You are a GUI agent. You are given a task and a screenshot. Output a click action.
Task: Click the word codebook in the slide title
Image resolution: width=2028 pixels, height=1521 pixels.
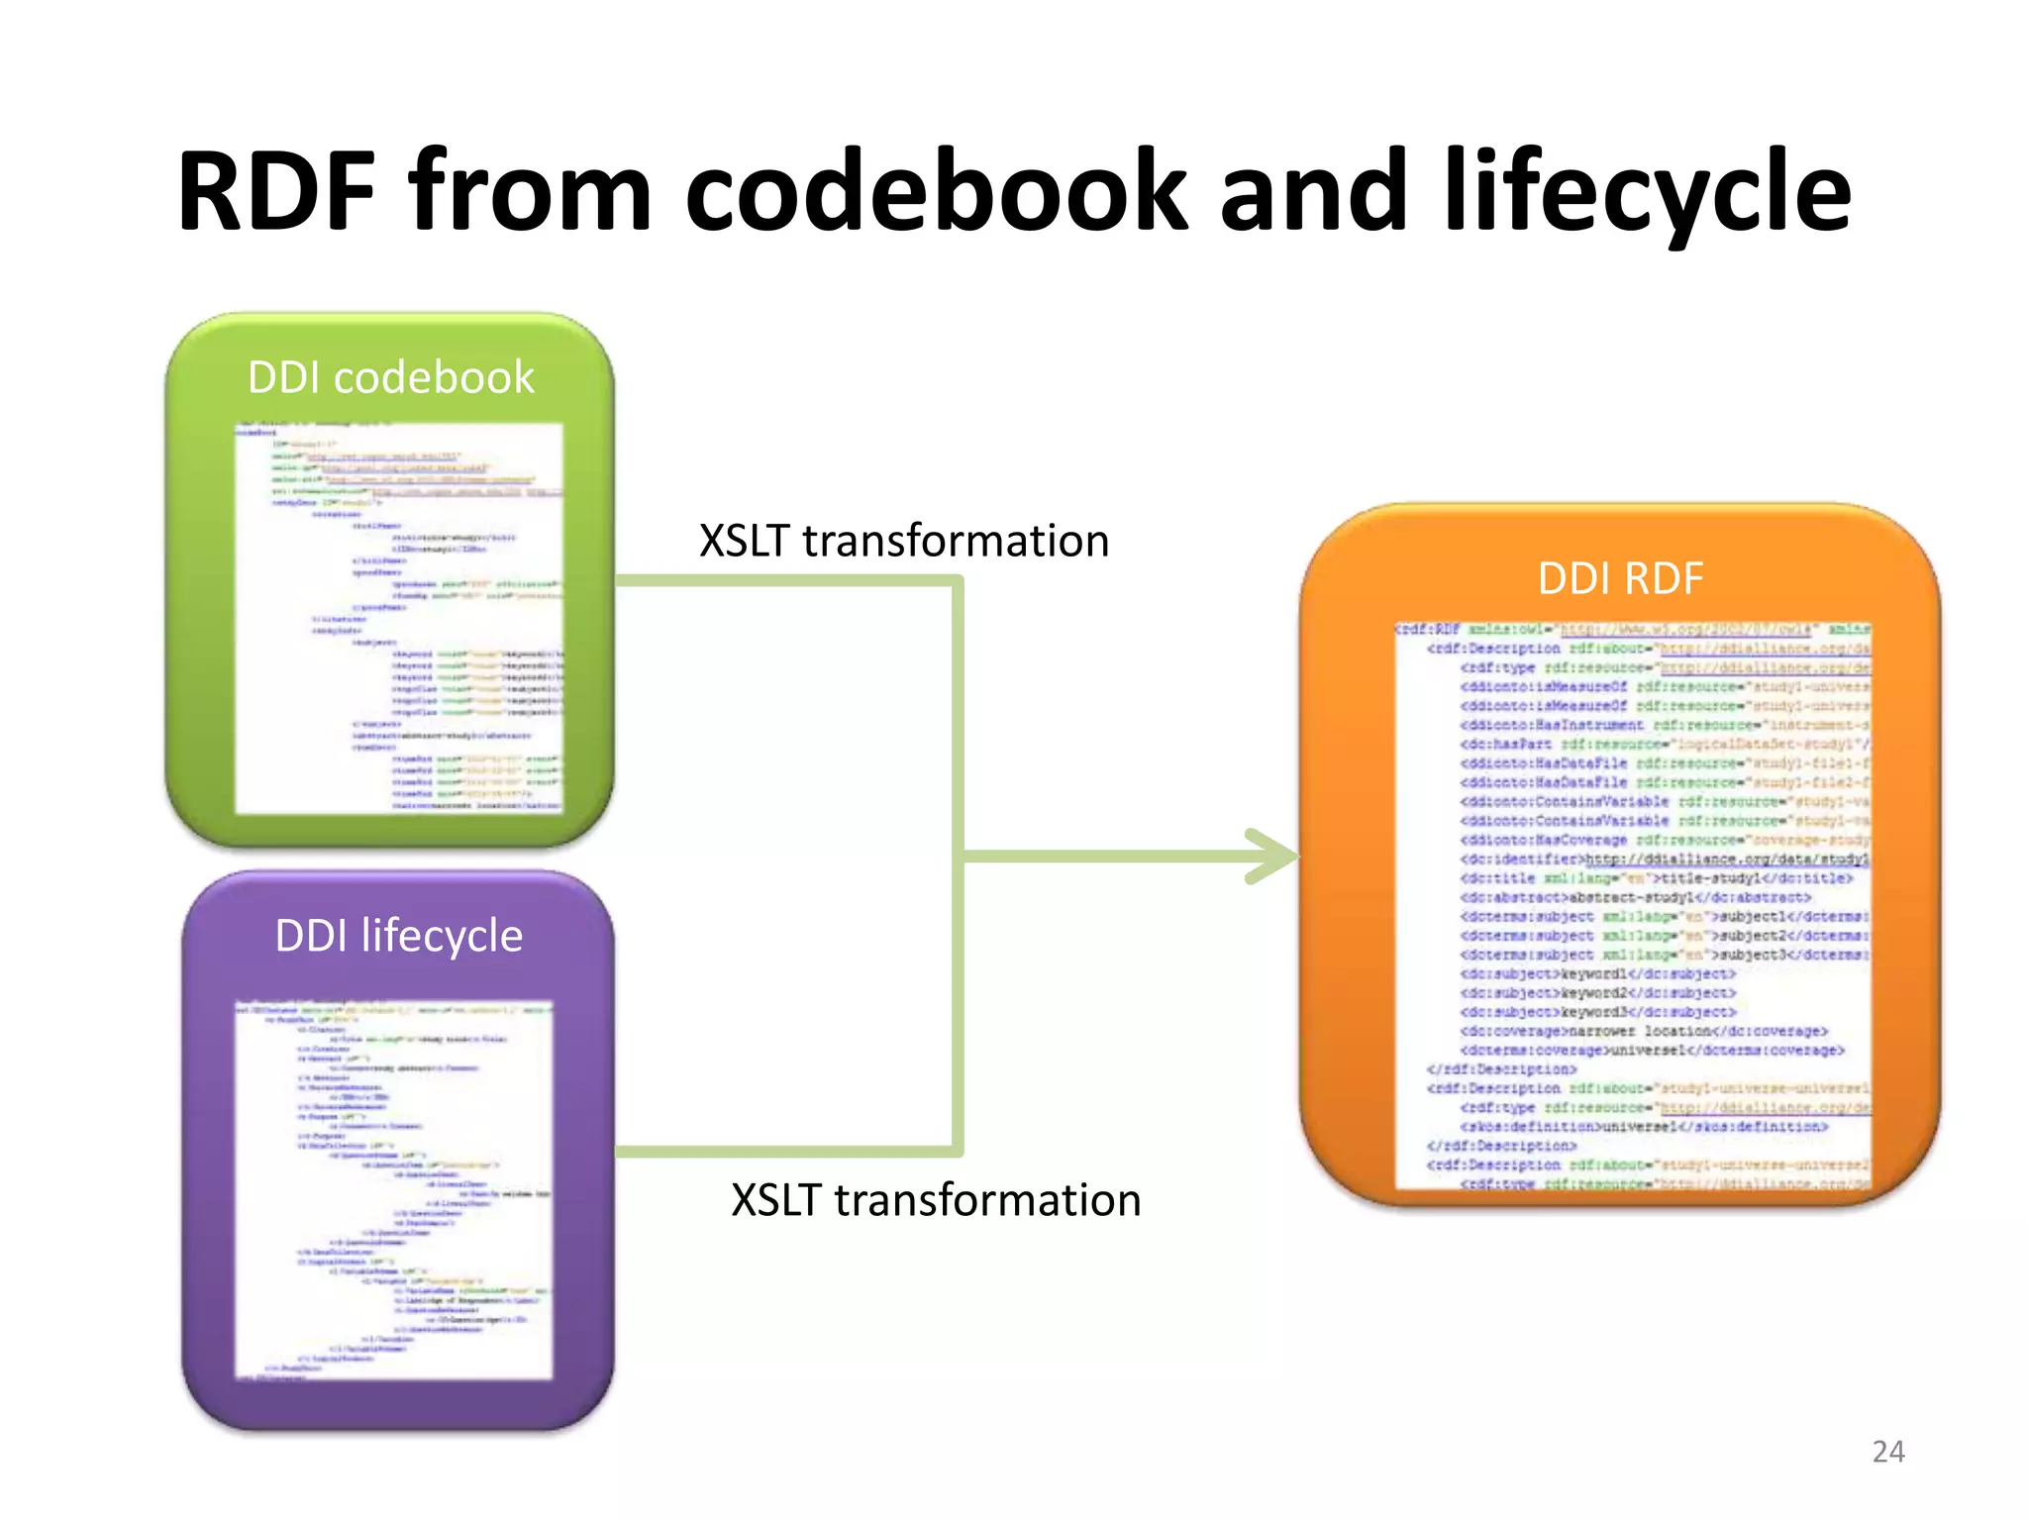(934, 190)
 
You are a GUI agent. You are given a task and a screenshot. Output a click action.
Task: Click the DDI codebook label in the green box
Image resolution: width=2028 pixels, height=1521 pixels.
(390, 377)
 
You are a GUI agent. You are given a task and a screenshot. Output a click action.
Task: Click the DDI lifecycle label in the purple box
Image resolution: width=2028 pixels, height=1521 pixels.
(398, 936)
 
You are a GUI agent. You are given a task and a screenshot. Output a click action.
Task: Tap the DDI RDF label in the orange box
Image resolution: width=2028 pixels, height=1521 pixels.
(1620, 578)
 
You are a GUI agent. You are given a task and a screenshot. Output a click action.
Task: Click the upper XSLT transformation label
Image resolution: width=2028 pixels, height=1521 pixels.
(903, 541)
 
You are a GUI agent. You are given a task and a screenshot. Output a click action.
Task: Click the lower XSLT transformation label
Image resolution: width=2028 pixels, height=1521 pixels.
(936, 1200)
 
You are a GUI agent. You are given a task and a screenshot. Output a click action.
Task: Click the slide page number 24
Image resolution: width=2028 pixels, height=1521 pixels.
(1887, 1452)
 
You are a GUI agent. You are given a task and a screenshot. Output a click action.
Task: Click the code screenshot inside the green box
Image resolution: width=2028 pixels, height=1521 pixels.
(398, 619)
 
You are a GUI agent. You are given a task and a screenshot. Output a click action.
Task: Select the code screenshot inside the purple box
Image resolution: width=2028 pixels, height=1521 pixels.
(393, 1188)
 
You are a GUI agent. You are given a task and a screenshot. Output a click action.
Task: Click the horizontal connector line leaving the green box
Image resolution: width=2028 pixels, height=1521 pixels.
(782, 581)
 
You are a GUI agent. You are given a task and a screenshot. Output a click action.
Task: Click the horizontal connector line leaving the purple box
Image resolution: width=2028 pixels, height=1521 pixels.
(782, 1152)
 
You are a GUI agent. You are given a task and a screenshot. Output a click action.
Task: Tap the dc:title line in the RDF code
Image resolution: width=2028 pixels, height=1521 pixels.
(1654, 878)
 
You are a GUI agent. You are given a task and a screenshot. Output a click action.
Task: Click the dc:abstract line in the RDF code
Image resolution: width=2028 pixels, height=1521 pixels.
(1634, 897)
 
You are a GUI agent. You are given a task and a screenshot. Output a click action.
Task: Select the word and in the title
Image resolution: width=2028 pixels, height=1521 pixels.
(1312, 190)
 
